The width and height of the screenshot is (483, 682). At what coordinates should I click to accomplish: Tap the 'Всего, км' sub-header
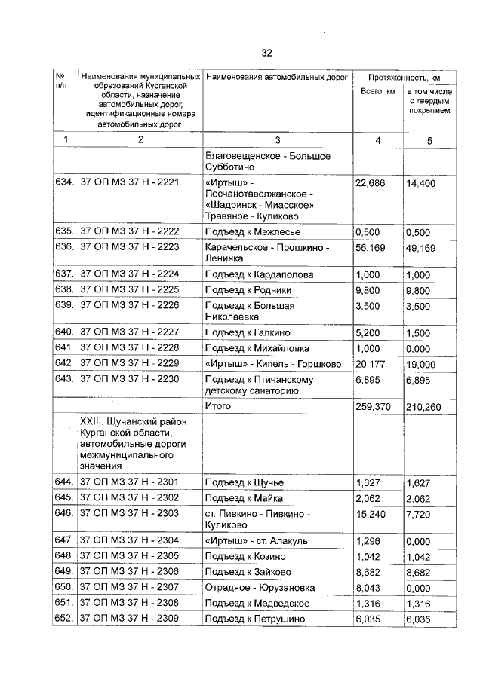(x=378, y=93)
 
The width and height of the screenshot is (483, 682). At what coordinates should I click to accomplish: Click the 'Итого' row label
(x=217, y=406)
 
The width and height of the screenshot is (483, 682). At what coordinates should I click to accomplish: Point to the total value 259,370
(x=373, y=407)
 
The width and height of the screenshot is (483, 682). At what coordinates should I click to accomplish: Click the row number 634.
(x=64, y=183)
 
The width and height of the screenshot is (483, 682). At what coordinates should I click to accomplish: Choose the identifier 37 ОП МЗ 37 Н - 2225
(x=129, y=289)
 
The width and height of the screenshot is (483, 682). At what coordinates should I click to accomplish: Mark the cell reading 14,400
(x=421, y=183)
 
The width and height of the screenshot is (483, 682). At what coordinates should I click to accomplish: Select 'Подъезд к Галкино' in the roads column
(x=247, y=332)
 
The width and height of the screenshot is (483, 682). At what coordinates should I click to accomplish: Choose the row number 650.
(x=64, y=587)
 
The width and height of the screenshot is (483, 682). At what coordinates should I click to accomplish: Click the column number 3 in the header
(x=277, y=140)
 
